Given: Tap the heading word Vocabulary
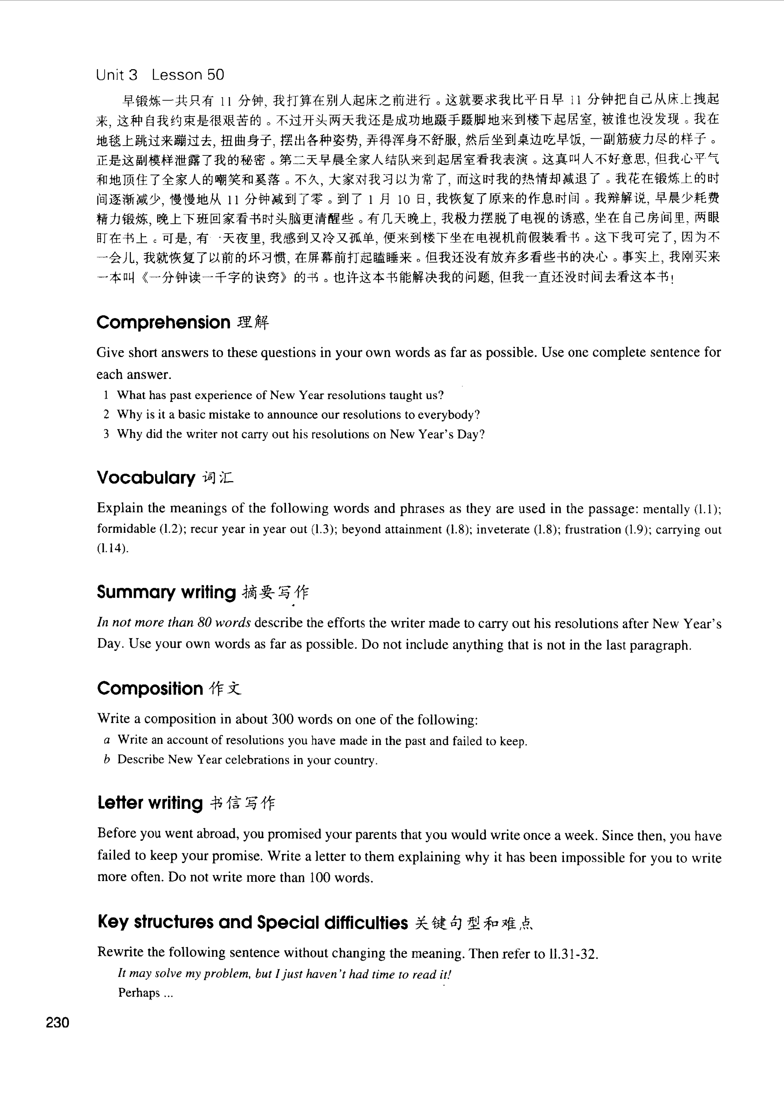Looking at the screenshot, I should point(146,477).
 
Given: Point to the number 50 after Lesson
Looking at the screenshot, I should point(215,75).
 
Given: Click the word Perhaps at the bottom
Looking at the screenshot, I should point(139,993).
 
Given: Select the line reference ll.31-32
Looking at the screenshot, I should point(573,954).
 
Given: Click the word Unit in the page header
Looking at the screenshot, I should point(111,75).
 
